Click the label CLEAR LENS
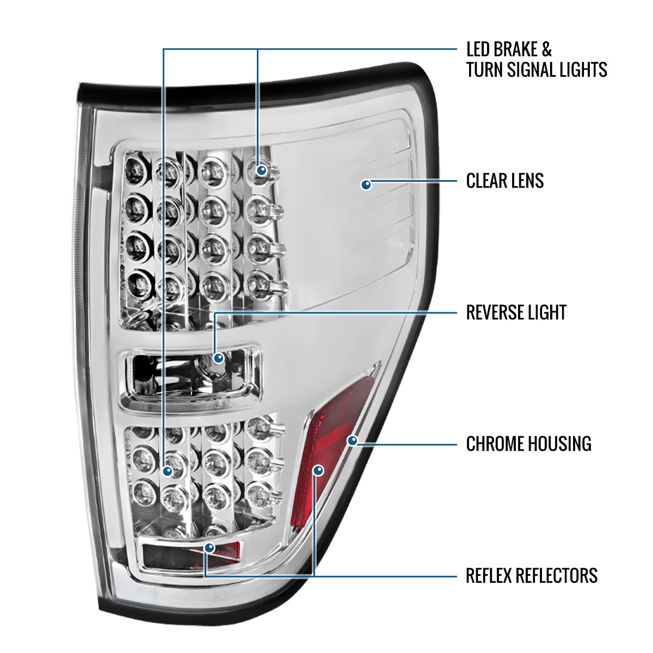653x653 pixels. click(x=505, y=181)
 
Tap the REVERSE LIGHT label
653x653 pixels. click(x=516, y=312)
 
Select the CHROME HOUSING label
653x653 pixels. click(x=528, y=444)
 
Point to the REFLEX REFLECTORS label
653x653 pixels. click(x=532, y=575)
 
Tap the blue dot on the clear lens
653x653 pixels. click(x=367, y=184)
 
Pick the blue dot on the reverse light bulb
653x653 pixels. click(x=219, y=358)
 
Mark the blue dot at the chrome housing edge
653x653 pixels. click(x=353, y=440)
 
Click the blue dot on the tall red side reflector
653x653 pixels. click(x=319, y=470)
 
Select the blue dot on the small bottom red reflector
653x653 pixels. click(x=210, y=547)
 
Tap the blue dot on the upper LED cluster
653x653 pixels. click(x=262, y=170)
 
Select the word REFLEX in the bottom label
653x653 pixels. click(x=489, y=575)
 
